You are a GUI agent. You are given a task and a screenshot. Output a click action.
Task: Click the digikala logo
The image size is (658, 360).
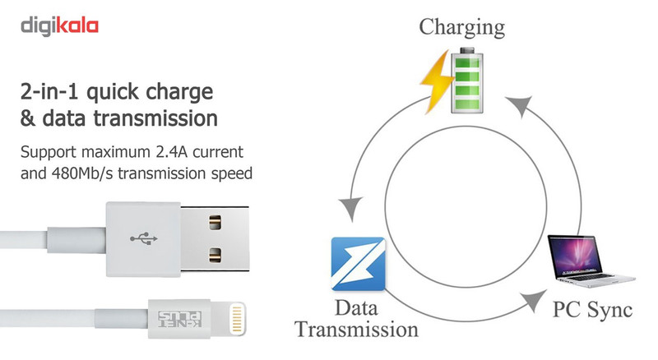[x=59, y=26]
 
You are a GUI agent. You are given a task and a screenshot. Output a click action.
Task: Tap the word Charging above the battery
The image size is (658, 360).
[x=461, y=28]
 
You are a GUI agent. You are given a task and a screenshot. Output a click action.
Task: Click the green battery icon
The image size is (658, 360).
[x=466, y=81]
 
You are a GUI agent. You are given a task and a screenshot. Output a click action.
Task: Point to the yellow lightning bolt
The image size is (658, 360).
[x=438, y=82]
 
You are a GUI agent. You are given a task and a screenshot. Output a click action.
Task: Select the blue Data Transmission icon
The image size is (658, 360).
[x=358, y=264]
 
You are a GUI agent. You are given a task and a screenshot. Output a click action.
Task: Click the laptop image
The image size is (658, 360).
[x=591, y=261]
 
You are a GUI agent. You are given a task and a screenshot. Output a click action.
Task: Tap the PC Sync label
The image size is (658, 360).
[x=592, y=310]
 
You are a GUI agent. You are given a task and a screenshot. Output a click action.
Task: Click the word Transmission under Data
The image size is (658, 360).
[x=357, y=330]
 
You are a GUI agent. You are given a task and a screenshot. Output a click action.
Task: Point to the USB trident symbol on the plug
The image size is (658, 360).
[x=143, y=238]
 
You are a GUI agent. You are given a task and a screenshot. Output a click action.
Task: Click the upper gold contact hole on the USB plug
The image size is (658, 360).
[x=215, y=223]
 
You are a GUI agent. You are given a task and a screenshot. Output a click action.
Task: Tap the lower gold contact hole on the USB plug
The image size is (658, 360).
[x=215, y=255]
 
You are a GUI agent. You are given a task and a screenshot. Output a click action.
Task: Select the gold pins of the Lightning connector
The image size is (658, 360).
[x=237, y=319]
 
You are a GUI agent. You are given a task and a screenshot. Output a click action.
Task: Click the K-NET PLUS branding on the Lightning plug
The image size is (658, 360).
[x=179, y=319]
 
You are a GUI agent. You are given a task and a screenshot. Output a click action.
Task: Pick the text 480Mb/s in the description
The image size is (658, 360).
[x=82, y=173]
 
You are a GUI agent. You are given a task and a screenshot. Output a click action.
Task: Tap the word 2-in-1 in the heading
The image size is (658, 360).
[x=49, y=91]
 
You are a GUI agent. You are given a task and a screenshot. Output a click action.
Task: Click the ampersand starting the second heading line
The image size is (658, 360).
[x=27, y=118]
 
